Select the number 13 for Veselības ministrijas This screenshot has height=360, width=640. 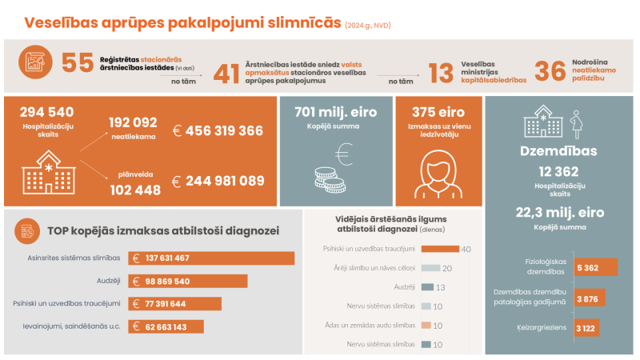tap(442, 73)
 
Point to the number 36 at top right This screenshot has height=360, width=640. tap(550, 71)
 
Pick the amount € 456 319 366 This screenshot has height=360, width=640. tap(218, 130)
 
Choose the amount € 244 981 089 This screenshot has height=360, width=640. tap(218, 181)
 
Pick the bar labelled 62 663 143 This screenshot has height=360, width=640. tap(167, 326)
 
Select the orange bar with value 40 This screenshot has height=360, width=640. tap(439, 249)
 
